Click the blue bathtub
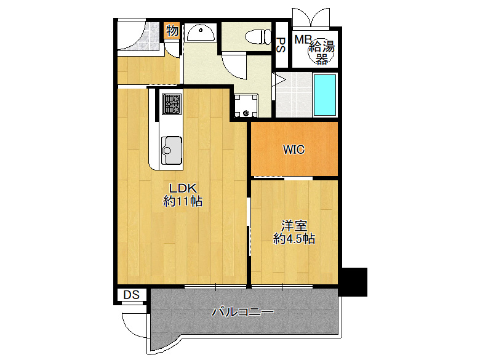[x=325, y=95]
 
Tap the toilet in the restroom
[x=258, y=36]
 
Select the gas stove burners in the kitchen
[x=172, y=104]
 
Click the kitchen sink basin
[x=172, y=151]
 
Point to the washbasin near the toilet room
[x=201, y=33]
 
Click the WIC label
[x=294, y=150]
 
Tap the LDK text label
[x=183, y=188]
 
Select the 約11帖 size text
[x=182, y=201]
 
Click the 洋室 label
[x=294, y=226]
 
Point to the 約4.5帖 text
[x=294, y=239]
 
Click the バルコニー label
[x=243, y=312]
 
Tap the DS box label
[x=131, y=295]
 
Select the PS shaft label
[x=281, y=45]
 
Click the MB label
[x=302, y=39]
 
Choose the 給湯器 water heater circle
[x=321, y=52]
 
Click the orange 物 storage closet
[x=172, y=31]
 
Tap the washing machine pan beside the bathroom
[x=246, y=106]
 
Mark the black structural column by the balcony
[x=354, y=282]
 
